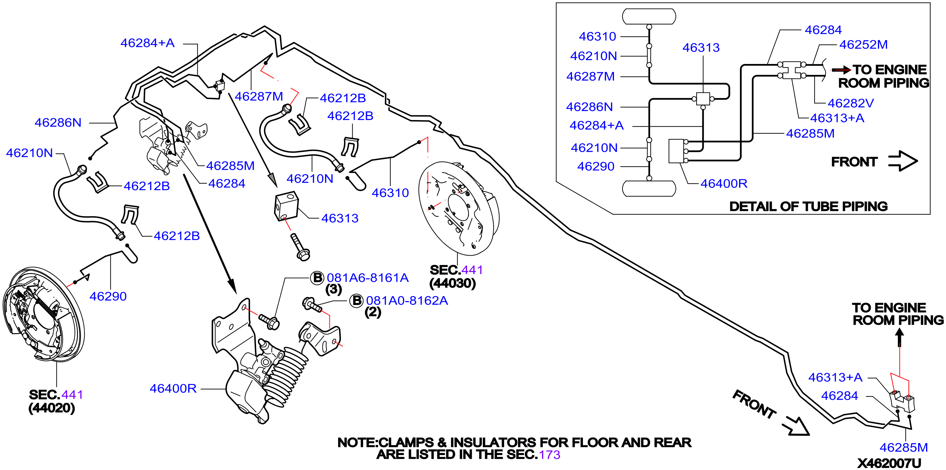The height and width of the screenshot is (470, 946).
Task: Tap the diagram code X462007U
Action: click(x=889, y=463)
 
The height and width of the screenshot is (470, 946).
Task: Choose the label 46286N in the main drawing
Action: click(x=58, y=122)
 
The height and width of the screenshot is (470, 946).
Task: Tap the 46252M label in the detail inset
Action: click(x=863, y=44)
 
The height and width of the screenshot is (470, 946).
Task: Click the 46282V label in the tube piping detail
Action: click(x=851, y=103)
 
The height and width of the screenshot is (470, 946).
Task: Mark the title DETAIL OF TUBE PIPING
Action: click(x=808, y=206)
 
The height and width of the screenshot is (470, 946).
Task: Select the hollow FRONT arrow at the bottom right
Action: click(x=796, y=426)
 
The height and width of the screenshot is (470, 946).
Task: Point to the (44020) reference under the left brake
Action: click(x=52, y=408)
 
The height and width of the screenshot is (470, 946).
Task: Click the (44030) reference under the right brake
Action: click(x=452, y=283)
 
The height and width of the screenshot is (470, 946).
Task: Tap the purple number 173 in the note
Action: click(x=549, y=454)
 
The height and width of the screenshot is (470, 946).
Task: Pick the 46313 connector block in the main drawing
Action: click(x=286, y=206)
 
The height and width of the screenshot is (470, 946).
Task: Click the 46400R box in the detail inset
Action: click(x=676, y=151)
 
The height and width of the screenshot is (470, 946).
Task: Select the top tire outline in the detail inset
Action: click(x=649, y=16)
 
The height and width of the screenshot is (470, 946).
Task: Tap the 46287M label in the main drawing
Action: click(x=259, y=96)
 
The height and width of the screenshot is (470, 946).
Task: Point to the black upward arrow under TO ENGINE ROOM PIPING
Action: click(x=899, y=337)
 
